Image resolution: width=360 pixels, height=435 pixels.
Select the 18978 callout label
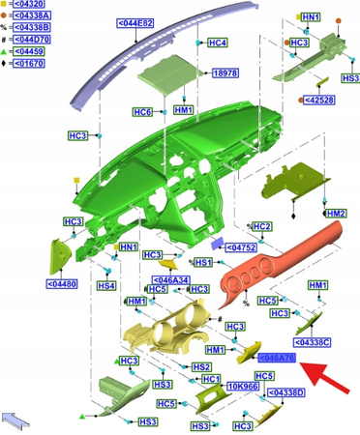click(x=225, y=72)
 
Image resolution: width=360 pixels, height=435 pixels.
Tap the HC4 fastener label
click(x=218, y=43)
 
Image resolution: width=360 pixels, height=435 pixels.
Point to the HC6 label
click(x=142, y=113)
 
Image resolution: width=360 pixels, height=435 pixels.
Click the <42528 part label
click(x=319, y=100)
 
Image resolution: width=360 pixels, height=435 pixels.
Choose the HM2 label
click(x=335, y=213)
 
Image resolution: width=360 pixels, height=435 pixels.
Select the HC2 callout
click(x=260, y=226)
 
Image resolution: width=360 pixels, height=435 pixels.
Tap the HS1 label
click(x=203, y=262)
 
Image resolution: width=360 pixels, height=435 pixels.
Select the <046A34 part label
click(x=171, y=279)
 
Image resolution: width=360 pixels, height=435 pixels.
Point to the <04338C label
click(x=313, y=342)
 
